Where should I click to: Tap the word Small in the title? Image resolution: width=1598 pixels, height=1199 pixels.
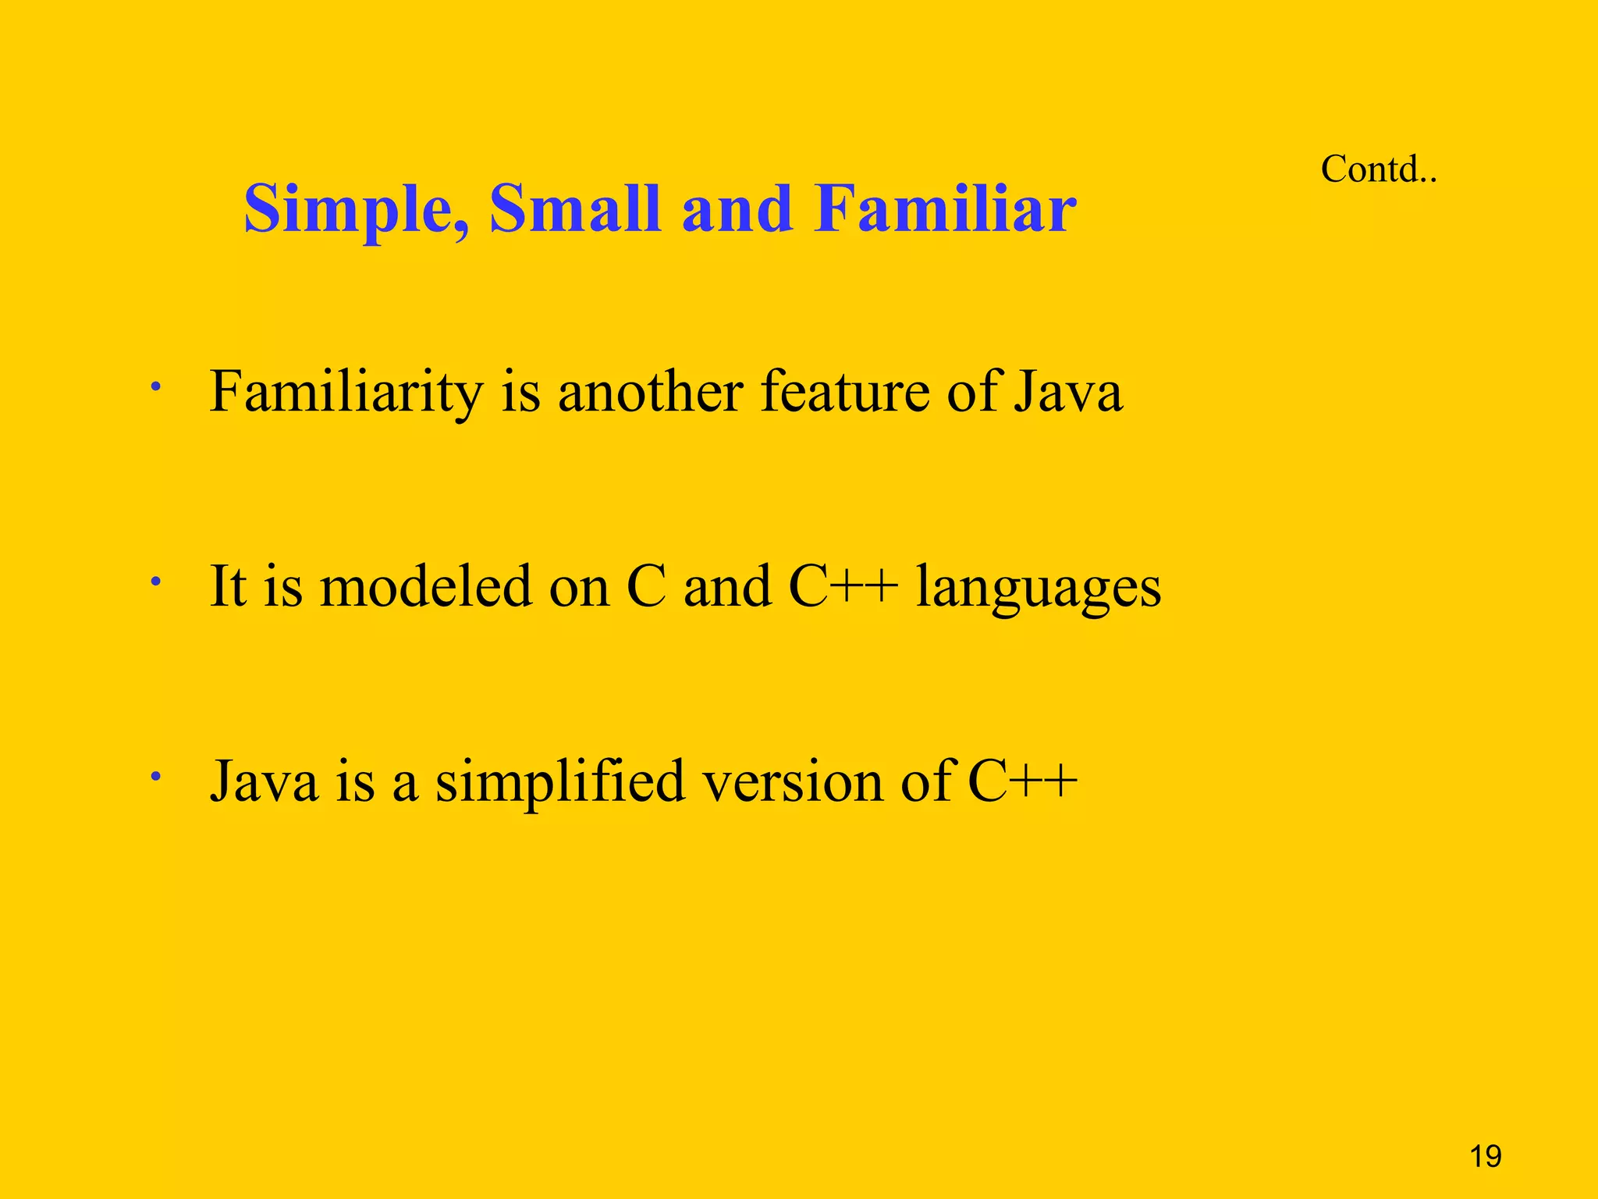pyautogui.click(x=574, y=209)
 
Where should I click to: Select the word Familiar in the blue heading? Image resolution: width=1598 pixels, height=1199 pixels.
pyautogui.click(x=944, y=209)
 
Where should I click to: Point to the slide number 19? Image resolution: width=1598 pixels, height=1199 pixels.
pyautogui.click(x=1485, y=1156)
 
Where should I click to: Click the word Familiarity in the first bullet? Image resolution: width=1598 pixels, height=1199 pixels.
pyautogui.click(x=346, y=392)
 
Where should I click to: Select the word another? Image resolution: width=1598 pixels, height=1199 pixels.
pyautogui.click(x=650, y=392)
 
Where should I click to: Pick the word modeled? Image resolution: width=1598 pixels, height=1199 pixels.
pyautogui.click(x=426, y=587)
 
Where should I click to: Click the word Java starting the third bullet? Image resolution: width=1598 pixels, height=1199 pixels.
pyautogui.click(x=265, y=782)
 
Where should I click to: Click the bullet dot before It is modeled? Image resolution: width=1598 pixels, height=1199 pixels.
pyautogui.click(x=156, y=581)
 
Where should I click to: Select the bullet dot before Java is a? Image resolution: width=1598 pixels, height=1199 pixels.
pyautogui.click(x=156, y=776)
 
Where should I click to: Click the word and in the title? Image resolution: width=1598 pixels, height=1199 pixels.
pyautogui.click(x=737, y=209)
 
